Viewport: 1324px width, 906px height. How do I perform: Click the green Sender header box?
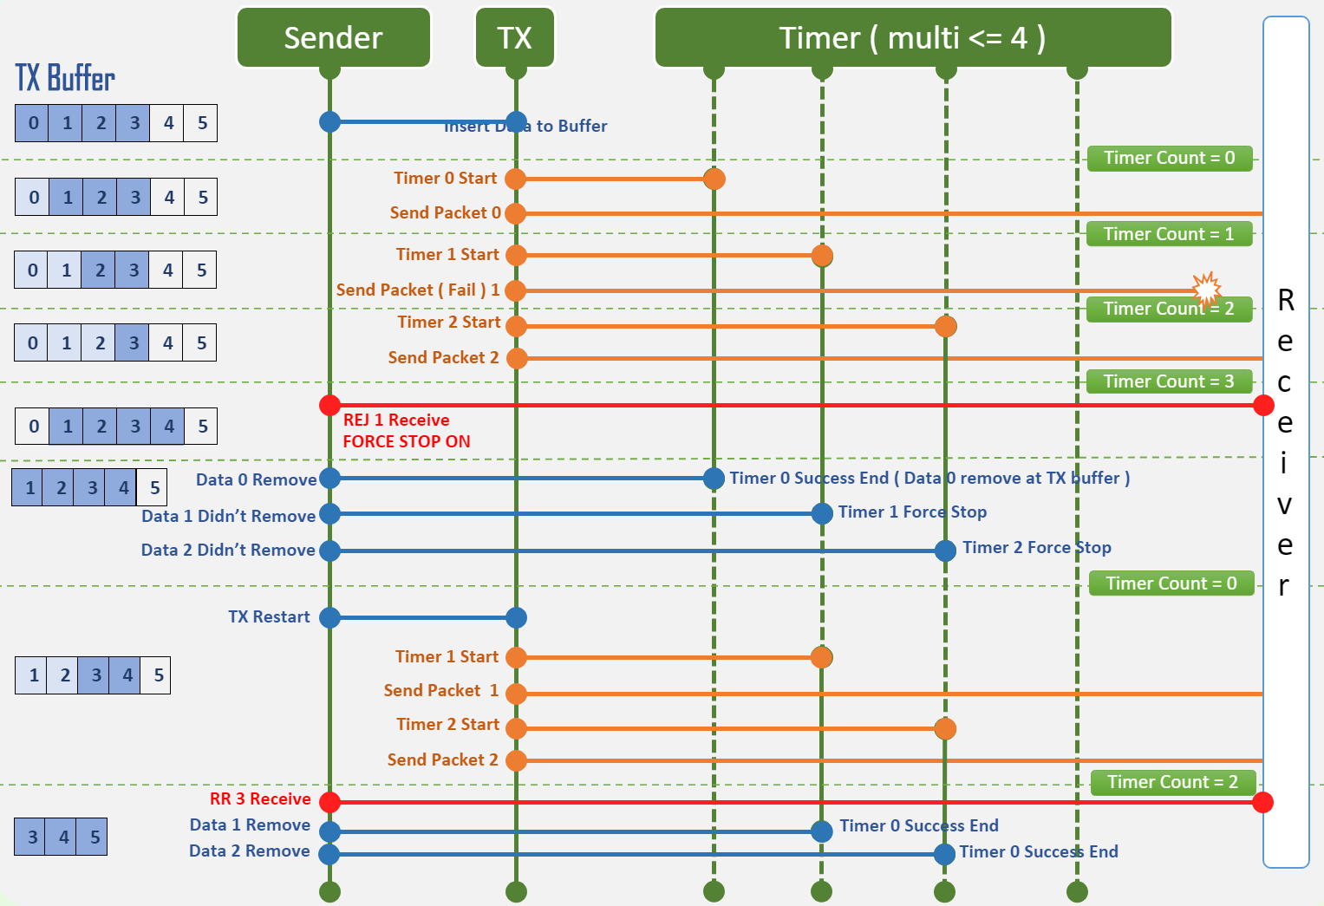334,38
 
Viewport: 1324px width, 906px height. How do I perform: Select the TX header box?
515,38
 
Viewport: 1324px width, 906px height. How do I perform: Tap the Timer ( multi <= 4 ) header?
912,38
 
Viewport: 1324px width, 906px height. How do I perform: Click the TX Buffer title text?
65,78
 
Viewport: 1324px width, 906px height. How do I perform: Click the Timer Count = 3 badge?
1169,381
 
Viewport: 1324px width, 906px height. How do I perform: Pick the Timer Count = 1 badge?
1169,234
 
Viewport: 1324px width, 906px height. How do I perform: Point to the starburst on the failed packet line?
1206,289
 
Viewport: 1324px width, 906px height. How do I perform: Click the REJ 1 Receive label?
396,420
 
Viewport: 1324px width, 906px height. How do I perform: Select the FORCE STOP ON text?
406,441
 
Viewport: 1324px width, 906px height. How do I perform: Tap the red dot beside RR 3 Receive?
329,802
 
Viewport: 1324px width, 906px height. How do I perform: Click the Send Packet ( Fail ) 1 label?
418,290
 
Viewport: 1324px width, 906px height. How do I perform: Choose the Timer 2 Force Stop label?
1037,547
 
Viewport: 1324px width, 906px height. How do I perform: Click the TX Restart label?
269,616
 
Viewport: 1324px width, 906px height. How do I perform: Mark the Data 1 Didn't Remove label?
229,516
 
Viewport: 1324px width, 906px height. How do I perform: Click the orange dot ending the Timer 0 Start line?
714,179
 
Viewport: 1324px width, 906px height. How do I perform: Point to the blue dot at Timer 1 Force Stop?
822,513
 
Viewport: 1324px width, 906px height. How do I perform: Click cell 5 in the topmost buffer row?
202,123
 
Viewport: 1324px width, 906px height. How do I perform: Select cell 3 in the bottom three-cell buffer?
32,837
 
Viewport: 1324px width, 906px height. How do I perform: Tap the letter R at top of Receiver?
1286,300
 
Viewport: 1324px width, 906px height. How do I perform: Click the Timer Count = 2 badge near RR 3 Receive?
1172,782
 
